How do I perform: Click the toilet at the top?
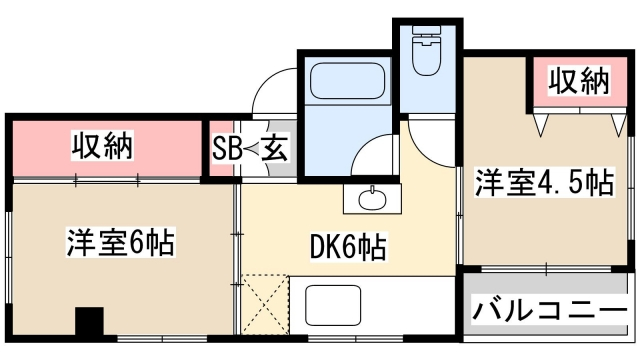428,54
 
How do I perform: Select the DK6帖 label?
349,246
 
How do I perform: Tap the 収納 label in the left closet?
104,146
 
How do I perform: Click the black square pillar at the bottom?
90,324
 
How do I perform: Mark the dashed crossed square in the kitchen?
266,302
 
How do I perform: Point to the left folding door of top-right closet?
543,123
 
